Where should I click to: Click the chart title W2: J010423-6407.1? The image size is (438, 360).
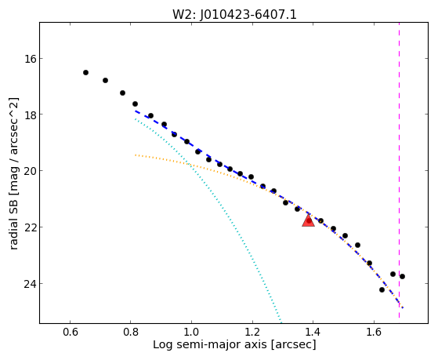tap(234, 14)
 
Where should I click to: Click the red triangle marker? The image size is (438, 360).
tap(309, 220)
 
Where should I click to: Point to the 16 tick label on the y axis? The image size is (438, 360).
tap(28, 59)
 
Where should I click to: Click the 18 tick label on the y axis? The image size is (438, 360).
tap(28, 115)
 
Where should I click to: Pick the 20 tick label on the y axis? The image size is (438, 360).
tap(28, 171)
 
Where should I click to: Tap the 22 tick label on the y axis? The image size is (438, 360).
tap(28, 227)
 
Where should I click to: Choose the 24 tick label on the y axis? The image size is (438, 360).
tap(28, 284)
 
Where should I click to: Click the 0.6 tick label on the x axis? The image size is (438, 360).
tap(70, 332)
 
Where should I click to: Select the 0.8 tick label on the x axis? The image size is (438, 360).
tap(131, 332)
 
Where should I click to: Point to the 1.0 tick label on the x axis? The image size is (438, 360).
tap(191, 332)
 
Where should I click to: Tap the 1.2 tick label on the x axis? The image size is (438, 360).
tap(252, 332)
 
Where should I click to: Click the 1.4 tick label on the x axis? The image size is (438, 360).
tap(313, 332)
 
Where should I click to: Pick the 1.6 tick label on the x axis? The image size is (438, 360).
tap(374, 332)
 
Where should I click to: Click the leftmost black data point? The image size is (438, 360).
tap(85, 73)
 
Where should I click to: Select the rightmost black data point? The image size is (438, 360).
tap(402, 277)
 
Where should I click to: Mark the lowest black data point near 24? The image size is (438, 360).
tap(382, 289)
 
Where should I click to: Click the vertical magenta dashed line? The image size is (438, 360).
tap(399, 170)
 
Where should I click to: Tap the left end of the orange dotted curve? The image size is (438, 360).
tap(136, 155)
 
